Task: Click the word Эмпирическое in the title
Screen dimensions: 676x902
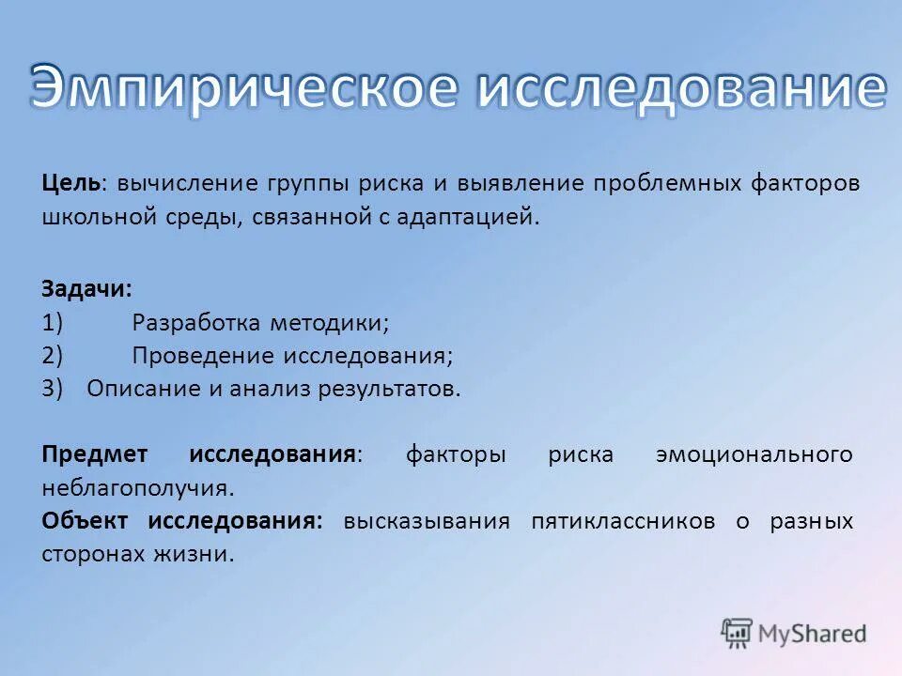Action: click(244, 89)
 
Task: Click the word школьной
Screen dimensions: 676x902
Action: click(93, 218)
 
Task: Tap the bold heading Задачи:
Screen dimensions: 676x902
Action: click(87, 289)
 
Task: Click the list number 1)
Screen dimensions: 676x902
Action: click(53, 323)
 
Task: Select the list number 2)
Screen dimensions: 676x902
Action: click(53, 356)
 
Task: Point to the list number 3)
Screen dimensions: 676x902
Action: click(53, 389)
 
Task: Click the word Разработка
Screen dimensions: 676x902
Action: click(195, 323)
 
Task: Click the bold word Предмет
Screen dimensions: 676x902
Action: click(95, 454)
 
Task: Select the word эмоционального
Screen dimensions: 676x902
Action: click(754, 454)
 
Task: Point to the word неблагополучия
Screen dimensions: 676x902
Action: click(136, 488)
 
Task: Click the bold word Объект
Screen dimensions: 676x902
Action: click(86, 521)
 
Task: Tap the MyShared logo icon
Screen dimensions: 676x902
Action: click(738, 634)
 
